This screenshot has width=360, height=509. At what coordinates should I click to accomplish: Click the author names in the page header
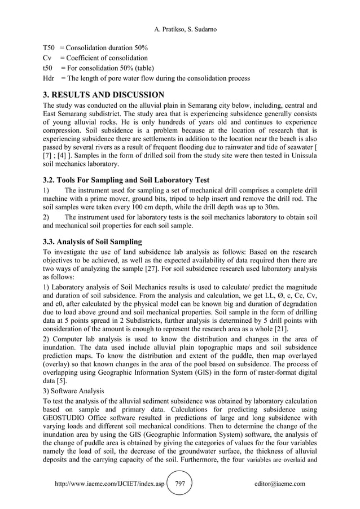pos(179,29)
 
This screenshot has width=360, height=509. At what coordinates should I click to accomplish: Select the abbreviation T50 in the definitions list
pos(49,48)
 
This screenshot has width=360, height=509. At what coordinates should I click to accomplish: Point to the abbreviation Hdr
pos(49,78)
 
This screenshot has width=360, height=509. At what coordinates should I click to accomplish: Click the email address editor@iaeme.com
pos(279,484)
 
